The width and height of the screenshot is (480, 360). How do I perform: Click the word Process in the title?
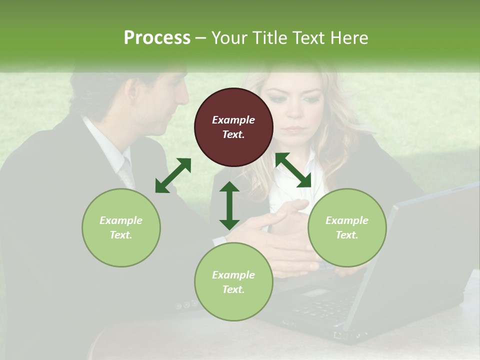click(157, 38)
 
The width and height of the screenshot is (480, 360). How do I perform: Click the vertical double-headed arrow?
click(229, 205)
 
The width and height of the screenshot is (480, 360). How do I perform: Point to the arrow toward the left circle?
click(173, 175)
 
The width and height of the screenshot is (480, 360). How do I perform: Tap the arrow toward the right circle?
click(293, 170)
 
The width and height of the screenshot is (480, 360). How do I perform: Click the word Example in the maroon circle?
click(233, 120)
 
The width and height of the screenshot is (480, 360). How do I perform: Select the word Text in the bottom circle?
click(232, 289)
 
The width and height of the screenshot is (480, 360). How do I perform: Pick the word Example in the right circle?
click(347, 220)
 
